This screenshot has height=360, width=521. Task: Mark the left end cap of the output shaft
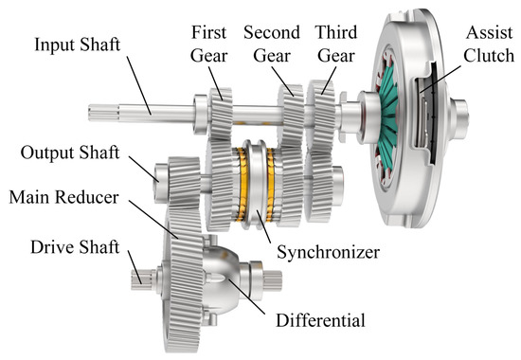159,174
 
